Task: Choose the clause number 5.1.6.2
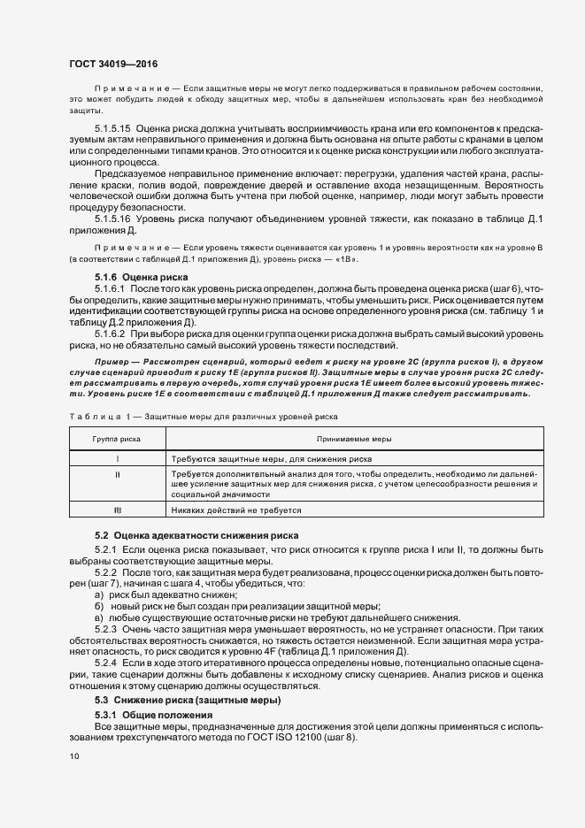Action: pyautogui.click(x=111, y=335)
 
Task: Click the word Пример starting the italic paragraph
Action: pyautogui.click(x=113, y=363)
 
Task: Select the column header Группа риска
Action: pyautogui.click(x=117, y=439)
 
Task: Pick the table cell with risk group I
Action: pyautogui.click(x=117, y=459)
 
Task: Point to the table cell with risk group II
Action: pyautogui.click(x=117, y=474)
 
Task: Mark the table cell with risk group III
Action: pyautogui.click(x=117, y=510)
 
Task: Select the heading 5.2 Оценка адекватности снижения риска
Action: pyautogui.click(x=197, y=537)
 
